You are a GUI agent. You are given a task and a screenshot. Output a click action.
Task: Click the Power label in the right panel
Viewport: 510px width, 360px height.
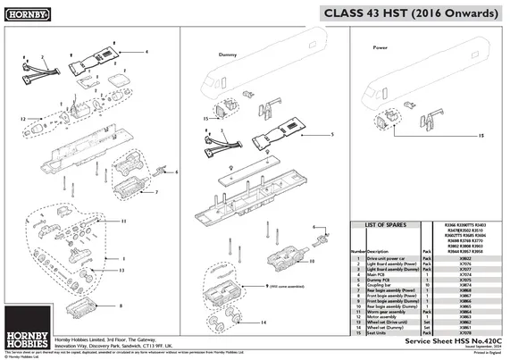pyautogui.click(x=379, y=46)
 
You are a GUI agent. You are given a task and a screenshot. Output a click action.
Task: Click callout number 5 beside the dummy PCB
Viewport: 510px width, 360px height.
pyautogui.click(x=332, y=134)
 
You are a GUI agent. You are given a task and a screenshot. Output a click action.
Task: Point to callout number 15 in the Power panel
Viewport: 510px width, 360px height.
pyautogui.click(x=481, y=136)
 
